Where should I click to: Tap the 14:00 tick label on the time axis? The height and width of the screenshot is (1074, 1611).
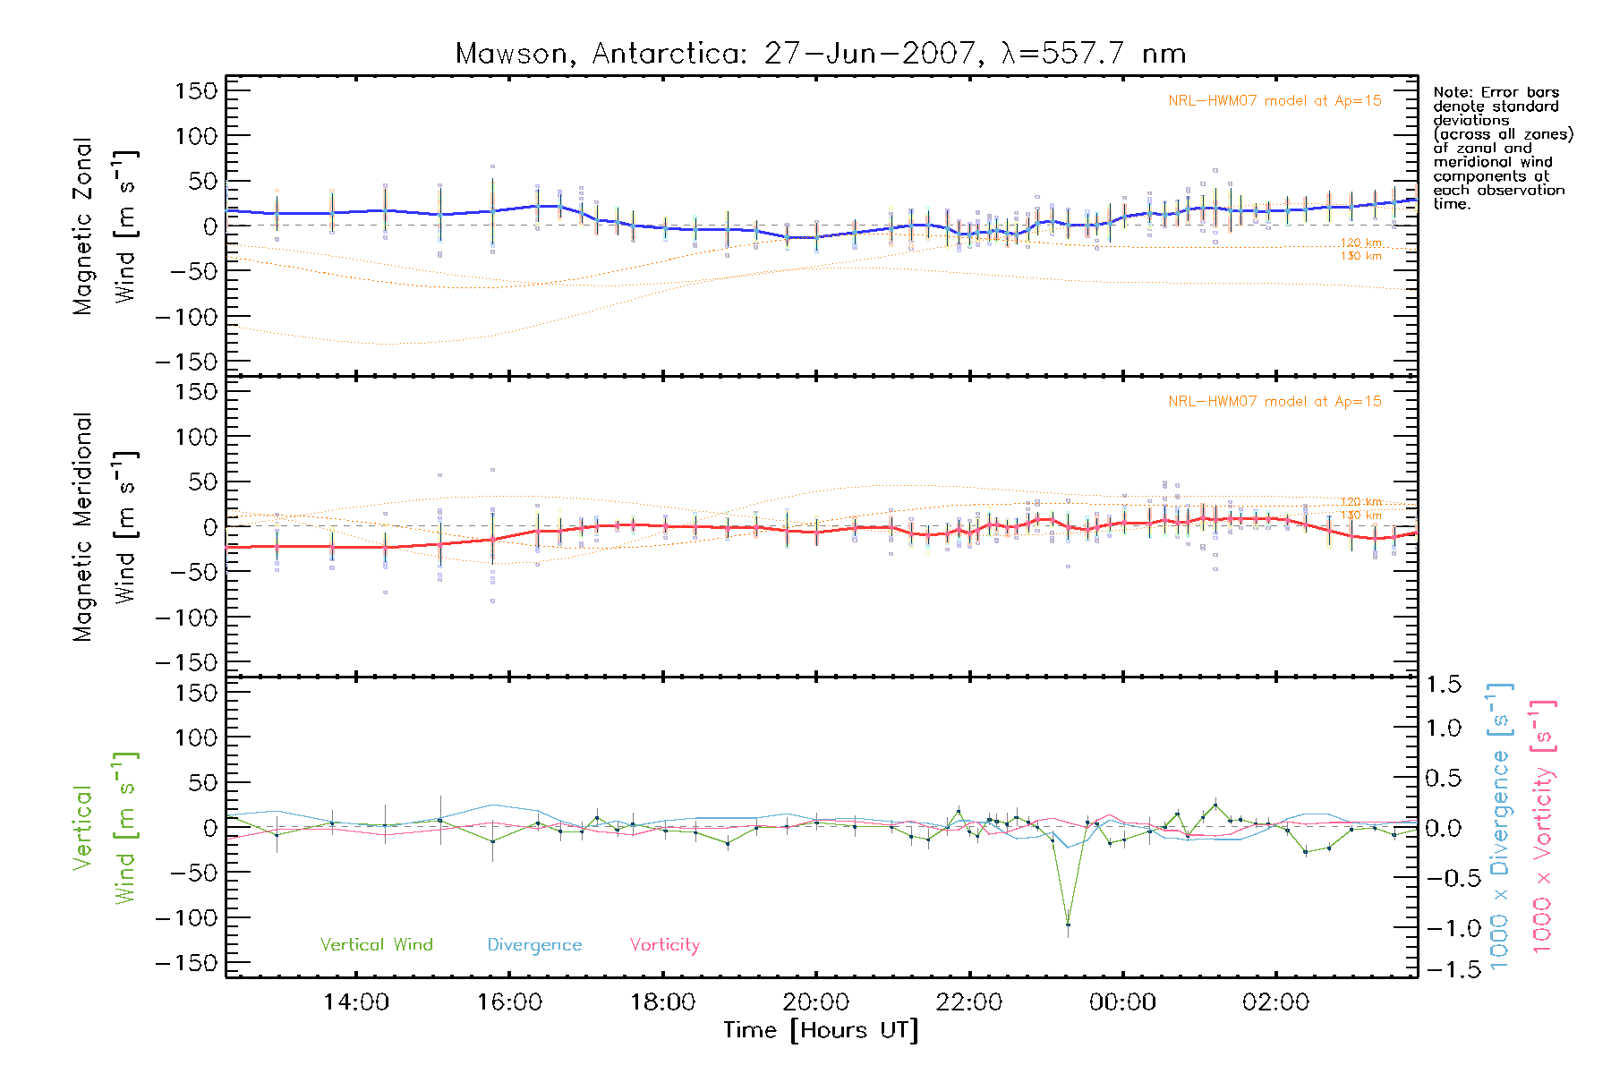(356, 1002)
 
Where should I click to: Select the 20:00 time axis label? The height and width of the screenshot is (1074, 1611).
(816, 1002)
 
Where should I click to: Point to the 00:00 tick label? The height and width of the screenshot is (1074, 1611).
(1122, 1002)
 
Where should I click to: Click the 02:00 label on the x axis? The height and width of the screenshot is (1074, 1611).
(1275, 1002)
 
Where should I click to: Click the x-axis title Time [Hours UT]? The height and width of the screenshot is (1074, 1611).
(821, 1031)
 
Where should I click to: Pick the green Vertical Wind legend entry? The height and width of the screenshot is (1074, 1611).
(376, 945)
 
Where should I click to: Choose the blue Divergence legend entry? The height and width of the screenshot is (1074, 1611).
(534, 945)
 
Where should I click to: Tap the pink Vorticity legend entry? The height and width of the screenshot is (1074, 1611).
(664, 945)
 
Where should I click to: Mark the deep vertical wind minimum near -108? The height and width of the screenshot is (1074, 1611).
(1068, 925)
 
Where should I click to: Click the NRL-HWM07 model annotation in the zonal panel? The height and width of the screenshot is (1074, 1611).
(1274, 101)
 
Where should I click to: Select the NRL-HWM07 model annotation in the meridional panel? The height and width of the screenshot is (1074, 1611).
(1274, 402)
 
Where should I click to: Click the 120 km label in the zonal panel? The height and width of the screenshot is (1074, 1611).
(1360, 243)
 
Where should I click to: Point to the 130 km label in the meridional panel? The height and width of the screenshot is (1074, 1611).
(1360, 516)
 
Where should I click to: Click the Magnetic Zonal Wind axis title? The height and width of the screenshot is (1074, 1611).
(104, 226)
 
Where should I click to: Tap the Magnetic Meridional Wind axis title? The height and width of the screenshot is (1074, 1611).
(104, 526)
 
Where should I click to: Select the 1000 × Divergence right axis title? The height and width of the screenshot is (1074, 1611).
(1499, 827)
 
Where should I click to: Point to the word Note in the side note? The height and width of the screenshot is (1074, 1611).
(1451, 92)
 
